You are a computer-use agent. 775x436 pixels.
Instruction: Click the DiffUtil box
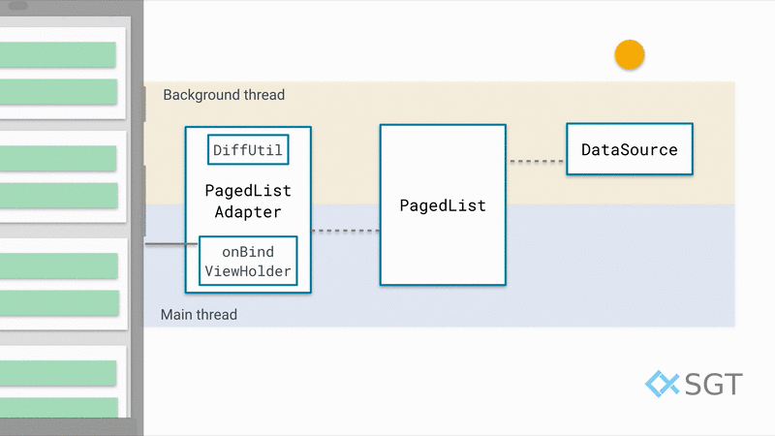248,150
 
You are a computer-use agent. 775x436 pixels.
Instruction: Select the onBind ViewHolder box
248,261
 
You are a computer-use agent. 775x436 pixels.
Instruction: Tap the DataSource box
630,149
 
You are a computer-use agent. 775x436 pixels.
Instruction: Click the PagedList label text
443,205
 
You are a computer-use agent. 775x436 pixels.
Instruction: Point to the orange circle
630,54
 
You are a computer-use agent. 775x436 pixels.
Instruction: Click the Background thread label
224,95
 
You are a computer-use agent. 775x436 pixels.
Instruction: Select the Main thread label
199,314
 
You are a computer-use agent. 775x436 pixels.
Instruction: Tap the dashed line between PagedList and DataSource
537,161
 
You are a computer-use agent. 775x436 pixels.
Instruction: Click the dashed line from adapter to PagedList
346,231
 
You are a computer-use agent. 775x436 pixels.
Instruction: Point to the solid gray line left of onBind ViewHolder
171,244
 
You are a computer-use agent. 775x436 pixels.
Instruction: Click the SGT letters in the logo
714,384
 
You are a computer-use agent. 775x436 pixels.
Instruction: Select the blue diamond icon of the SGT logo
663,384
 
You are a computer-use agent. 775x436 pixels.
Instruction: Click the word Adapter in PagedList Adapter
248,212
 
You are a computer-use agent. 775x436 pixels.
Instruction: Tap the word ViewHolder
248,271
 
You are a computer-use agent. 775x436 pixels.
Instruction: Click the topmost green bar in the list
58,54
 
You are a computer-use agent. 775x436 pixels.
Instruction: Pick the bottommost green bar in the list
59,407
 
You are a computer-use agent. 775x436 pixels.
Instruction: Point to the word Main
176,314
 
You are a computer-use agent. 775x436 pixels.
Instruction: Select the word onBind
248,252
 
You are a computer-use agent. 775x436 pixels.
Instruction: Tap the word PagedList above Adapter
248,191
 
